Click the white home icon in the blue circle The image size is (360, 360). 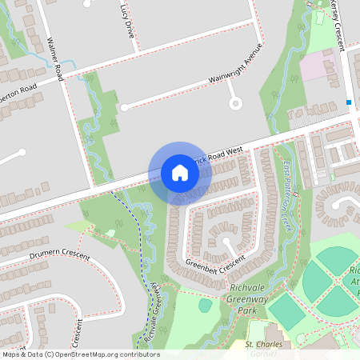click(x=180, y=173)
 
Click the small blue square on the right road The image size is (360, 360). click(x=350, y=102)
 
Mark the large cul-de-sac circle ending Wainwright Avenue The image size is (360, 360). click(x=235, y=102)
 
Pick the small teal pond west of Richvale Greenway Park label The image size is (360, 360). click(x=206, y=305)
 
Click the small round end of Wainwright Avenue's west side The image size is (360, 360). click(x=123, y=106)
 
